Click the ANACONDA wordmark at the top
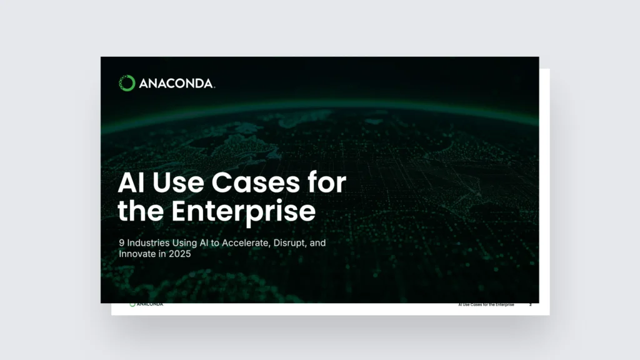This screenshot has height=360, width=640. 176,84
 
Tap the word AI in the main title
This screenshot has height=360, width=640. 131,182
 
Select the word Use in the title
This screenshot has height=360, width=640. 178,182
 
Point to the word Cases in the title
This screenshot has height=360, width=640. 256,182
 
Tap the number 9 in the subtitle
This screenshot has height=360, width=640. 122,243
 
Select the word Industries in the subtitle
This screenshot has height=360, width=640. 148,243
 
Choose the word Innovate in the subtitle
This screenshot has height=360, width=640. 137,254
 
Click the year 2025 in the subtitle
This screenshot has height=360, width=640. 179,254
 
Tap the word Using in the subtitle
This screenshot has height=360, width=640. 184,244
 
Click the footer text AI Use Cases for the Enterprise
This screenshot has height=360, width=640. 486,305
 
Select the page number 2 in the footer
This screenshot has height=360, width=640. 531,305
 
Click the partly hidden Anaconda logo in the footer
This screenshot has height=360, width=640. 146,304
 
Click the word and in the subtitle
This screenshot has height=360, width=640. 317,243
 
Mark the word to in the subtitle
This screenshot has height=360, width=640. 215,243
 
